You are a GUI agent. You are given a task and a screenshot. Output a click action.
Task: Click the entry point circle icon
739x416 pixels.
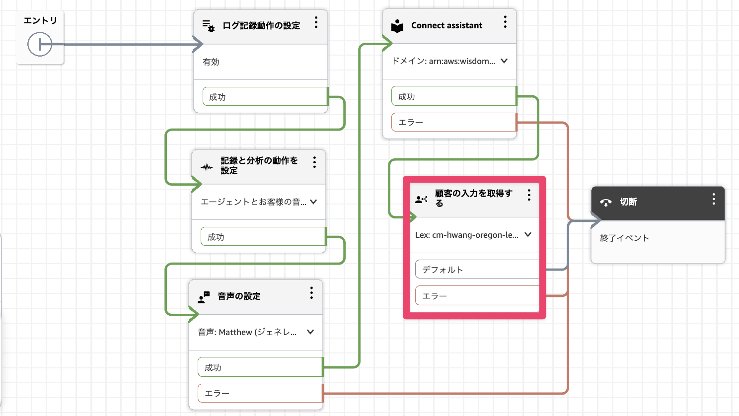[x=40, y=44]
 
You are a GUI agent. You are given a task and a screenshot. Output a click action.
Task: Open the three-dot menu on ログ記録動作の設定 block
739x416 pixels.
[x=316, y=22]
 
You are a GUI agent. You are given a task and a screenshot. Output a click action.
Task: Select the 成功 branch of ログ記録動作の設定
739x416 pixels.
[x=265, y=97]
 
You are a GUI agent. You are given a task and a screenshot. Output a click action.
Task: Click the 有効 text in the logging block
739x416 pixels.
[x=211, y=62]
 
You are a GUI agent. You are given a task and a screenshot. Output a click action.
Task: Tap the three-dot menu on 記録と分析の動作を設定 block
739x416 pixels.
[x=314, y=162]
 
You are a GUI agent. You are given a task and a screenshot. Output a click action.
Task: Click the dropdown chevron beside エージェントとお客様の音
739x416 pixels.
[x=313, y=202]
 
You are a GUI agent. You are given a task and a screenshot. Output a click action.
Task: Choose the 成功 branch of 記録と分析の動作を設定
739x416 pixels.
[x=263, y=237]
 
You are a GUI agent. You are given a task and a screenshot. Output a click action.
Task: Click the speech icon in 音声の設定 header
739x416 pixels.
[x=204, y=297]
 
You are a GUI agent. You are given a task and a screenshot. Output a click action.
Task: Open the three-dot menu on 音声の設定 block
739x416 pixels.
[x=311, y=293]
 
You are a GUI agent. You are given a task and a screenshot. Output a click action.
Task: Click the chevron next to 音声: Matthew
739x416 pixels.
[x=310, y=332]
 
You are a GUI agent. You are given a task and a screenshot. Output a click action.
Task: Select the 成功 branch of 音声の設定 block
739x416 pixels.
[x=260, y=367]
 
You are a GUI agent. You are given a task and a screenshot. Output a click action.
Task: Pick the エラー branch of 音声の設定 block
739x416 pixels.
[x=260, y=393]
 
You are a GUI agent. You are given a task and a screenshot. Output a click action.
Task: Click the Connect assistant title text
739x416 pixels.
[x=446, y=25]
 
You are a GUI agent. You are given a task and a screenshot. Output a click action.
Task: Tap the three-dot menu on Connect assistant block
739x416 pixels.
[x=505, y=22]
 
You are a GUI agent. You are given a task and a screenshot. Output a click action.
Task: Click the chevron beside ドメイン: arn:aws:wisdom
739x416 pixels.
[x=504, y=61]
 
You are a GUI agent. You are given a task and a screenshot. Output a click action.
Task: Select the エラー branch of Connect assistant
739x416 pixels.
[x=453, y=122]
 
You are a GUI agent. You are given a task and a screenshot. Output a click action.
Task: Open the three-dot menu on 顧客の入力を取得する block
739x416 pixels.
[x=529, y=195]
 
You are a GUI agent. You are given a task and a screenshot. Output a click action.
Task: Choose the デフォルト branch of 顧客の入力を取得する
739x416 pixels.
[x=477, y=270]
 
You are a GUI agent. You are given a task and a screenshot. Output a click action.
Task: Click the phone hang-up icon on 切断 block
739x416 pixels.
[x=606, y=203]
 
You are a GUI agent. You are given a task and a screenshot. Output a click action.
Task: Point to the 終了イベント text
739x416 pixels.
[x=624, y=238]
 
